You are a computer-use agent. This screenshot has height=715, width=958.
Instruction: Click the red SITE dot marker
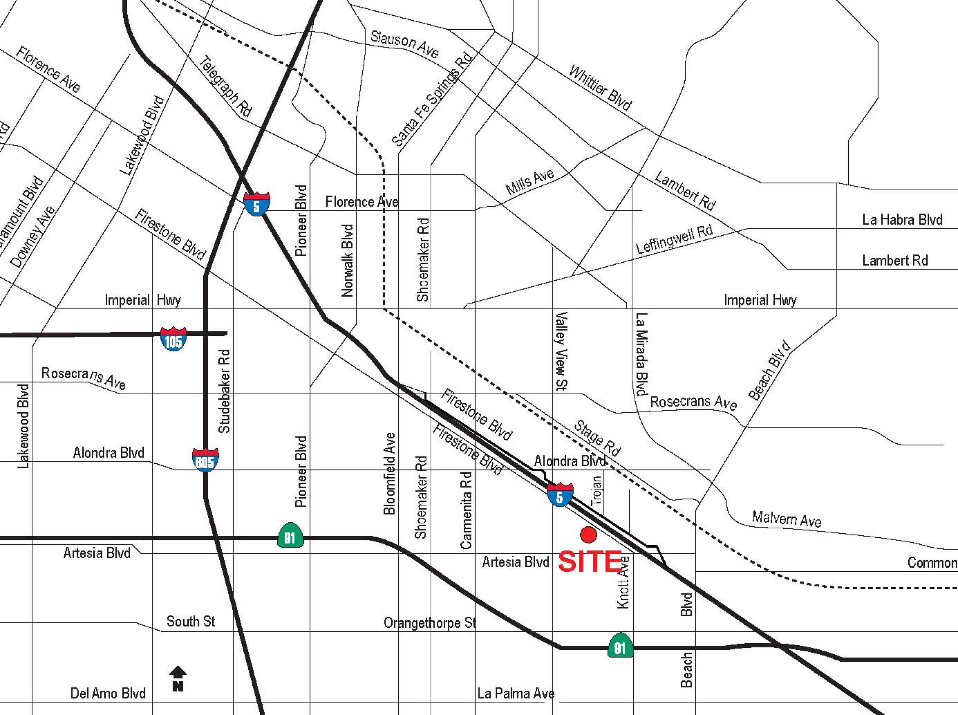(588, 534)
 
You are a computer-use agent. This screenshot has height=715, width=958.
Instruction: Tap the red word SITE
(590, 562)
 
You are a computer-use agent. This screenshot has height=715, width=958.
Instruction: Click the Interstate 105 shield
(173, 339)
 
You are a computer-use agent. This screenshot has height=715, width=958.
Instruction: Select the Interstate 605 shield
(205, 460)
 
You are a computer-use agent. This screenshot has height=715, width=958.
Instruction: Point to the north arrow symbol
(178, 679)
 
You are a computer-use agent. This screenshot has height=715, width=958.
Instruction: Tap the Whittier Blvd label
(600, 88)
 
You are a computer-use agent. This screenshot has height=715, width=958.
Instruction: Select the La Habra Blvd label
(902, 220)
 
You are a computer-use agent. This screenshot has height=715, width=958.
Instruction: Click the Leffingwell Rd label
(674, 239)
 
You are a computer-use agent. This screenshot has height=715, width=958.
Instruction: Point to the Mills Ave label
(530, 181)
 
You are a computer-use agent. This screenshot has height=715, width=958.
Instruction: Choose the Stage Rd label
(597, 438)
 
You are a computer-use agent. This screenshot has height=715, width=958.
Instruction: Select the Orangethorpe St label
(430, 623)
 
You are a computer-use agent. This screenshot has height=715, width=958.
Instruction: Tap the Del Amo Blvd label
(108, 693)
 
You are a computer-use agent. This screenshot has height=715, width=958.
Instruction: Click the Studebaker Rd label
(224, 391)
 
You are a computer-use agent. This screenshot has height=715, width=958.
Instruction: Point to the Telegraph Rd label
(225, 87)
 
